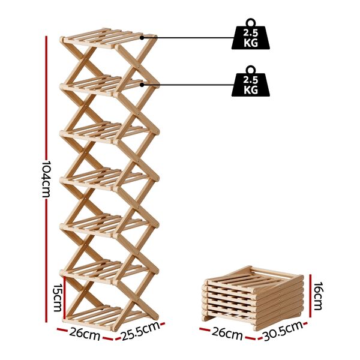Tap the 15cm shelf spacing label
pyautogui.click(x=58, y=298)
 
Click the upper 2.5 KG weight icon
pyautogui.click(x=251, y=34)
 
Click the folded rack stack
pyautogui.click(x=253, y=296)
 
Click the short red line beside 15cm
pyautogui.click(x=65, y=298)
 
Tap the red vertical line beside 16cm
pyautogui.click(x=310, y=295)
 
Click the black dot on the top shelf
pyautogui.click(x=142, y=38)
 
